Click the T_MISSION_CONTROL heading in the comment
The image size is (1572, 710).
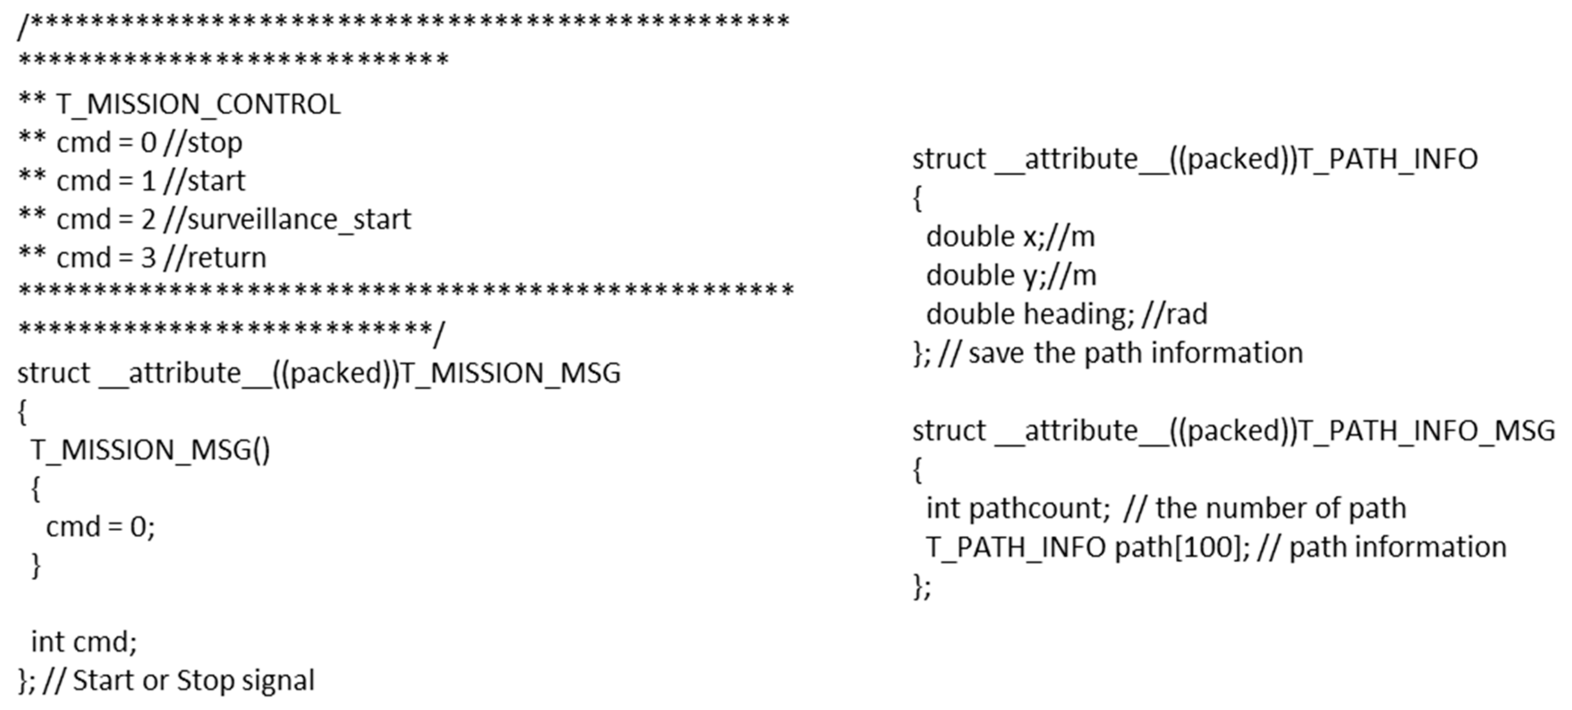click(198, 104)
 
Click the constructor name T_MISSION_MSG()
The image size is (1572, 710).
click(150, 450)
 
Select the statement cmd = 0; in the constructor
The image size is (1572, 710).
click(101, 527)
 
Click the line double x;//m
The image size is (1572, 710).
click(1010, 237)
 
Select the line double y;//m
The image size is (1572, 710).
click(1011, 276)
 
